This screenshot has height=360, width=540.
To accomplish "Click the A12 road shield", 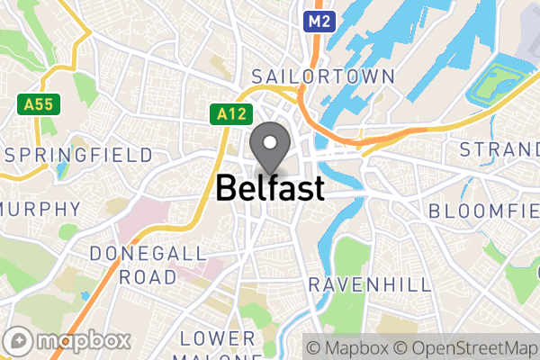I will (x=230, y=113).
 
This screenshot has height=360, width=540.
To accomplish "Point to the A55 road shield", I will (x=38, y=104).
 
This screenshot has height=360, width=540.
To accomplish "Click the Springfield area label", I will (x=79, y=155).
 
